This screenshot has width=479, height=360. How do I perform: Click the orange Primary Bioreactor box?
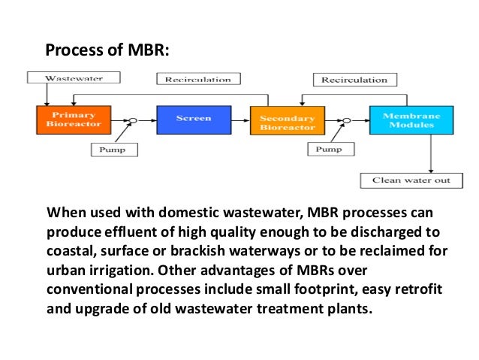(74, 119)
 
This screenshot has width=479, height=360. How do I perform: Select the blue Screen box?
(193, 119)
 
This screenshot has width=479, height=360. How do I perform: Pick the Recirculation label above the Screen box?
(198, 79)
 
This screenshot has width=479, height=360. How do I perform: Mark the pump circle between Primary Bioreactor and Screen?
(133, 120)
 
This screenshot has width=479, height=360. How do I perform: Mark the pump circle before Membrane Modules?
(346, 120)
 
